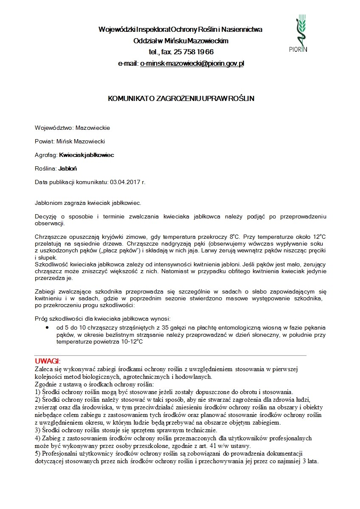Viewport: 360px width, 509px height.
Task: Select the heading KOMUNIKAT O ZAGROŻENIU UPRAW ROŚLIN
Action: point(181,98)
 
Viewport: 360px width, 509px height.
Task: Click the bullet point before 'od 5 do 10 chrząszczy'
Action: point(47,328)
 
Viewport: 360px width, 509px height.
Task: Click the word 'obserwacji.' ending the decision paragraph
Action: point(49,223)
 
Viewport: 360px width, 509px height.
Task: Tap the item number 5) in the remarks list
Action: point(37,453)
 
